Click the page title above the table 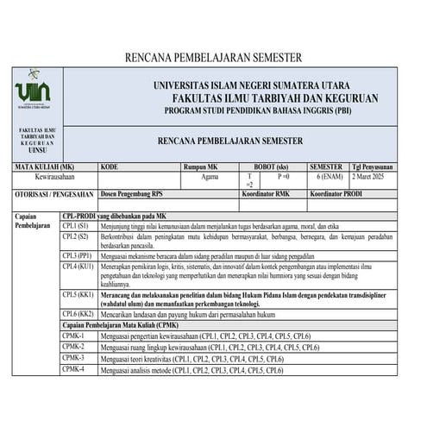pos(213,58)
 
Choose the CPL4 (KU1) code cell pos(79,267)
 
